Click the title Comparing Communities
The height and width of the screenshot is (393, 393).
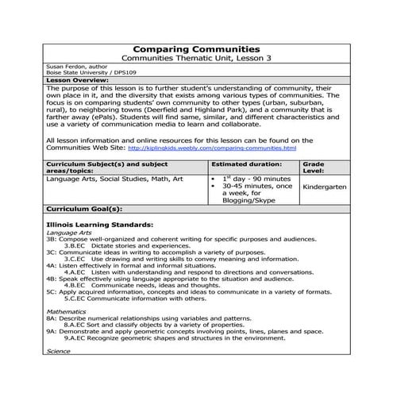click(195, 49)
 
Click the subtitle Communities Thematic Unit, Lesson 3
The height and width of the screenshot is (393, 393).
click(195, 60)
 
